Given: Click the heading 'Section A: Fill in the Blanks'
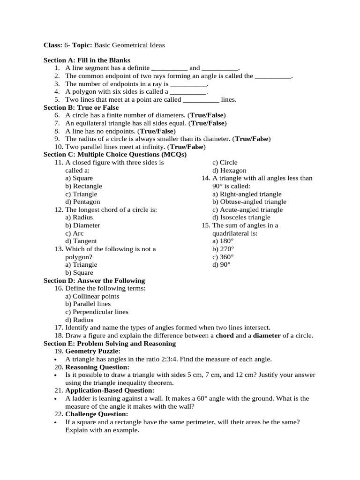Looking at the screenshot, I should point(87,60).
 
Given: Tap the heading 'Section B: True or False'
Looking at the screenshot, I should point(81,108).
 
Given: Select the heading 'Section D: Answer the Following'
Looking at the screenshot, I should point(94,281).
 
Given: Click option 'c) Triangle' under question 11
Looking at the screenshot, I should point(81,194).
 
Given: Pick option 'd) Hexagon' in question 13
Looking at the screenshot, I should point(229,171).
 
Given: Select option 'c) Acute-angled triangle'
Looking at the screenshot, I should point(247,210).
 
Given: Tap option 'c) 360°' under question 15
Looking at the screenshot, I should point(223,257).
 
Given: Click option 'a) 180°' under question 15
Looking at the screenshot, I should point(223,241).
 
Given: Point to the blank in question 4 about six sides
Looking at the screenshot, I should point(188,92).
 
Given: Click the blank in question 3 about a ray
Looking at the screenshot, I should point(188,84).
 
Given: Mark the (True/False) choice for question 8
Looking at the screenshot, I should point(157,131).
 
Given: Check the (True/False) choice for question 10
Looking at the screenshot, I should point(187,147).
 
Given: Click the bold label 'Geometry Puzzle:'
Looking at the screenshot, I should point(93,351).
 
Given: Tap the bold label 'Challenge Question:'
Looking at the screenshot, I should point(97,414).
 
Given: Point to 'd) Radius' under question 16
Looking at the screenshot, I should point(79,320).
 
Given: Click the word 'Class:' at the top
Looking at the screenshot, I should point(52,45).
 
